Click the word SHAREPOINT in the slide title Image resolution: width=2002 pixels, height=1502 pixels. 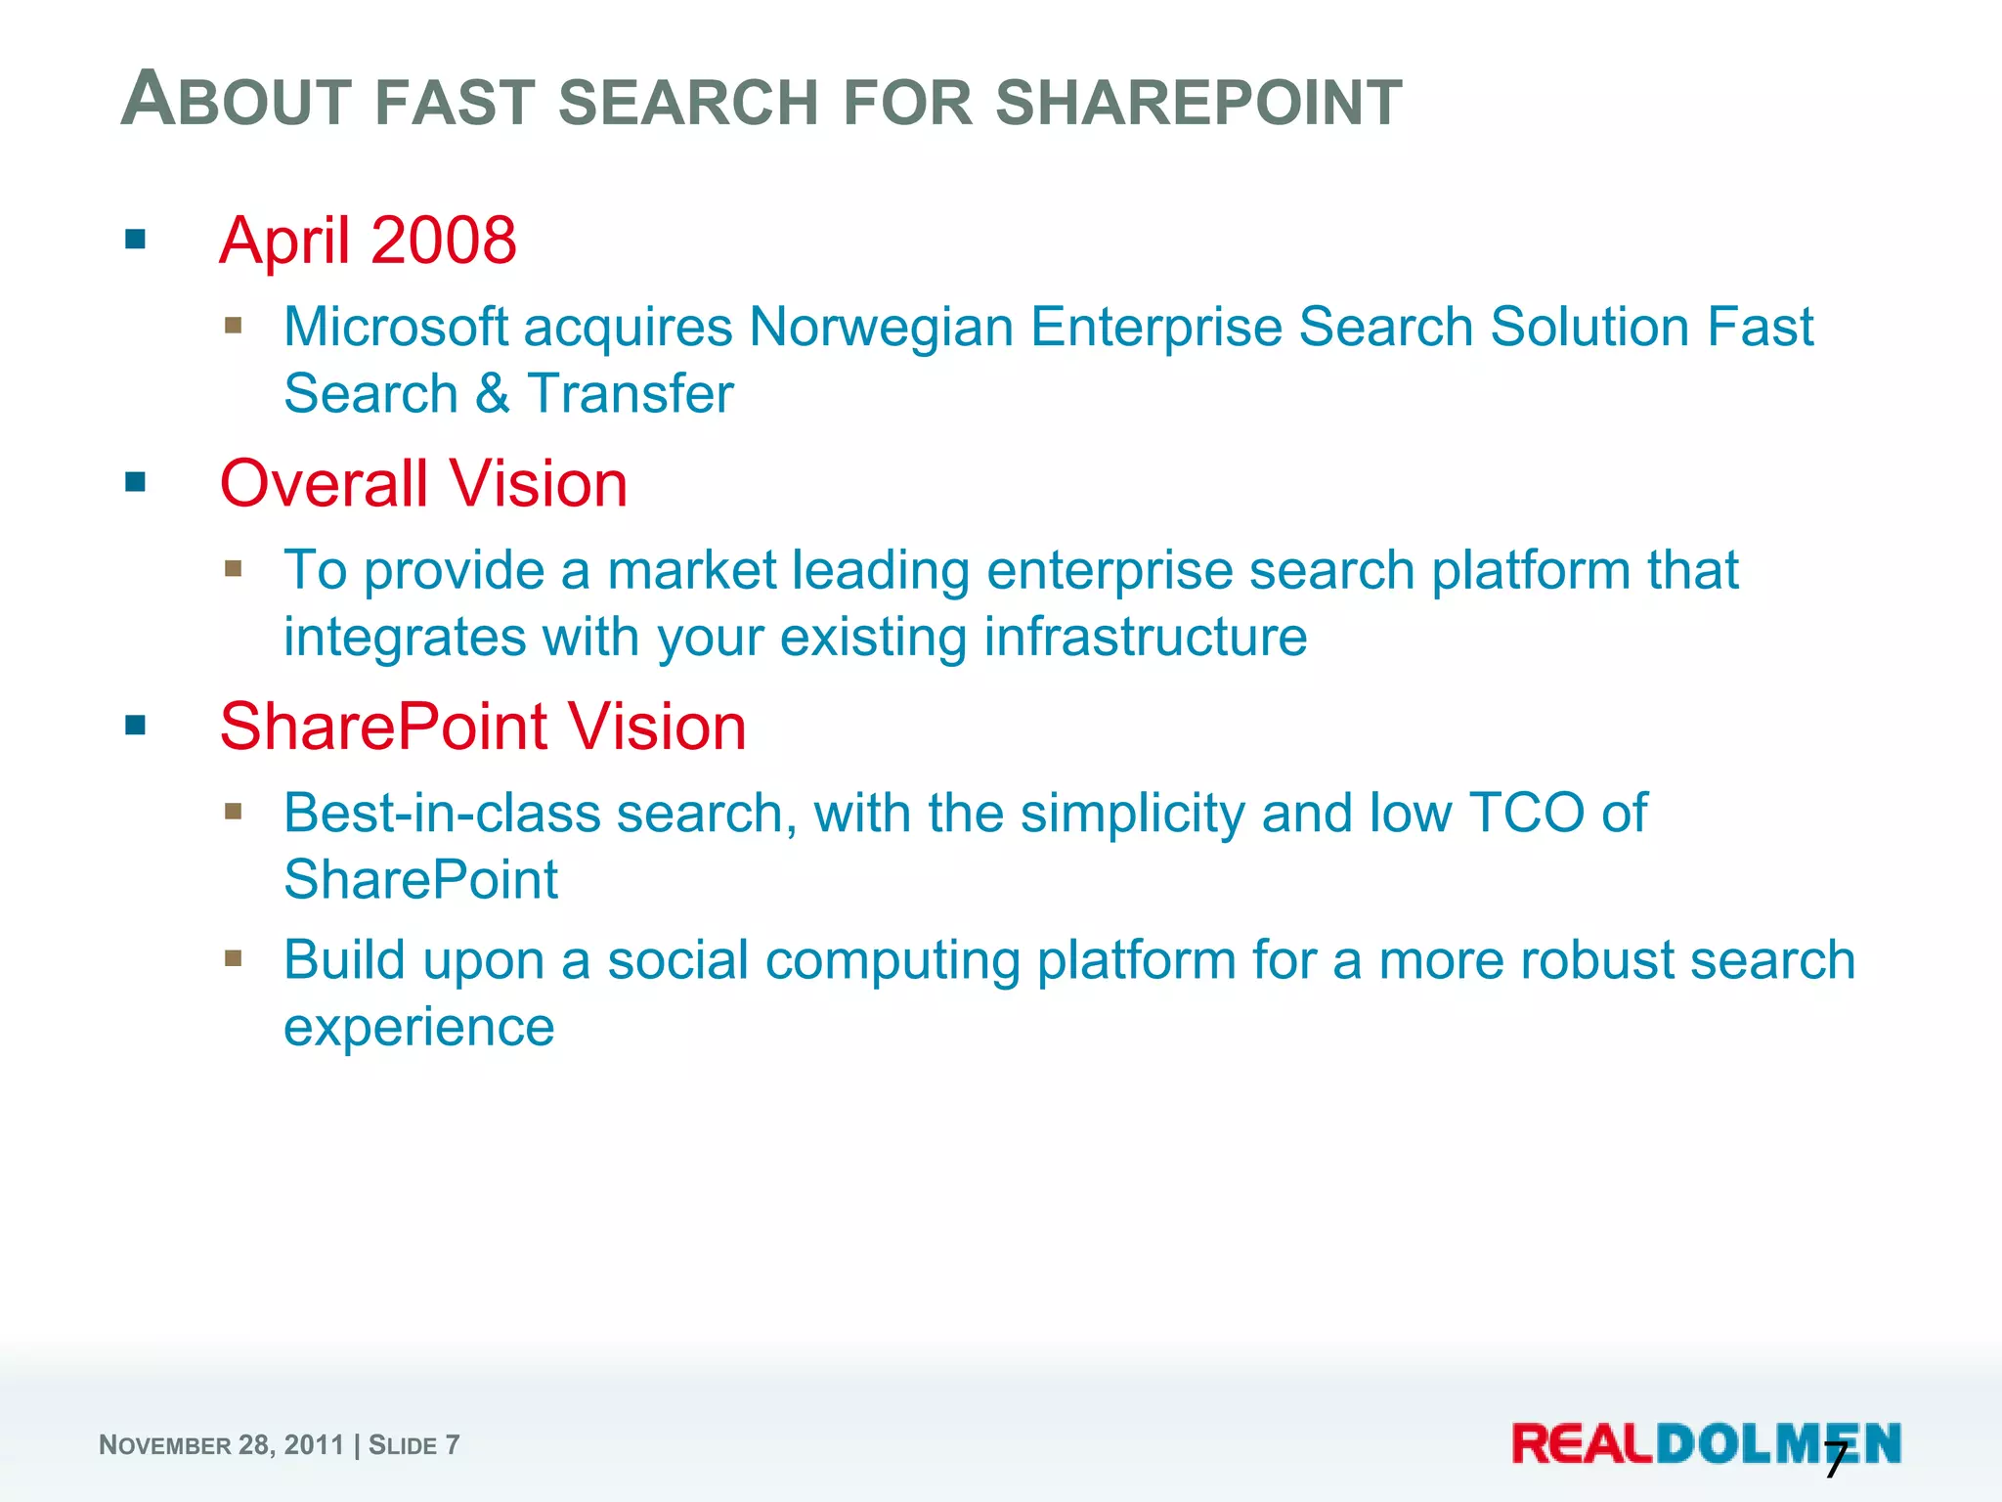click(x=1198, y=103)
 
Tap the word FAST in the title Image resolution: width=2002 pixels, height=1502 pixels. click(x=455, y=103)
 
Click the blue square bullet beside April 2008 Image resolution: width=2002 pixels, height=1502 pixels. click(x=136, y=239)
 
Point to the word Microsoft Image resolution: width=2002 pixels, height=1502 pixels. click(x=396, y=327)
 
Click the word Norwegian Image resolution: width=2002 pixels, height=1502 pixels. click(x=881, y=327)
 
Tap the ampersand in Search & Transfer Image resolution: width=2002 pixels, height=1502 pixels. click(x=493, y=394)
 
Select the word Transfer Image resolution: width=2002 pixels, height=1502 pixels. click(x=631, y=394)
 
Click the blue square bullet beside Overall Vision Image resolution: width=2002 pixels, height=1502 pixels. click(x=136, y=482)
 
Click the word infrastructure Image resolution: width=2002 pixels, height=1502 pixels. click(x=1145, y=638)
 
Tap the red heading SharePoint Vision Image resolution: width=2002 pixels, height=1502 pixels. click(x=483, y=728)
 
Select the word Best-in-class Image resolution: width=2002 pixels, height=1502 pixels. click(x=441, y=814)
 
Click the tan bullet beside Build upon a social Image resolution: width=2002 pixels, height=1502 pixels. click(x=233, y=958)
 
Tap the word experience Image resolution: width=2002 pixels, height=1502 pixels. click(x=418, y=1028)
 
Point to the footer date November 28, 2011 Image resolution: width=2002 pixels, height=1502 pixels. click(x=221, y=1445)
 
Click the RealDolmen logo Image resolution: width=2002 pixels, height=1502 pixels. click(x=1706, y=1444)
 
